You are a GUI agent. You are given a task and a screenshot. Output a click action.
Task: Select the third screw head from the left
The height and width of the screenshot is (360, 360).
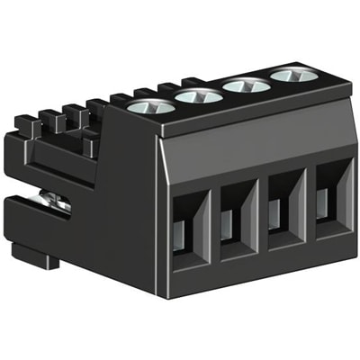click(x=246, y=85)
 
